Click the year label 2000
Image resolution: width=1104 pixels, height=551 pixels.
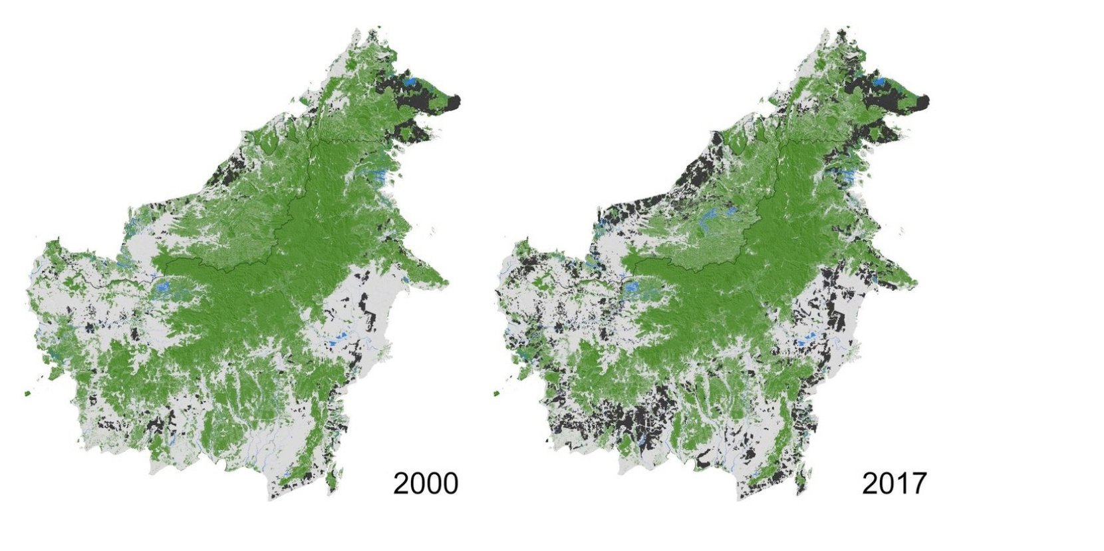[x=425, y=483]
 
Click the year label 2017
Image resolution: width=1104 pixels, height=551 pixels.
[x=894, y=483]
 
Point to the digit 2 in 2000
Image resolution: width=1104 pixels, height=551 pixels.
[x=402, y=483]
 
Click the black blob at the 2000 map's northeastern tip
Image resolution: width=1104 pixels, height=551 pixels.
[x=455, y=102]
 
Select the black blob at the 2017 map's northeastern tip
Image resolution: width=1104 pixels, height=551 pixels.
[x=923, y=101]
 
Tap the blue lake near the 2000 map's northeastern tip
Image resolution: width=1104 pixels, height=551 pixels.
[x=410, y=82]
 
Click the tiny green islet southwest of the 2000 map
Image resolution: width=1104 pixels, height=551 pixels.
[x=27, y=394]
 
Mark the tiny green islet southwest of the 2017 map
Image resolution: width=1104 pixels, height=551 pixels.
[x=496, y=394]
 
